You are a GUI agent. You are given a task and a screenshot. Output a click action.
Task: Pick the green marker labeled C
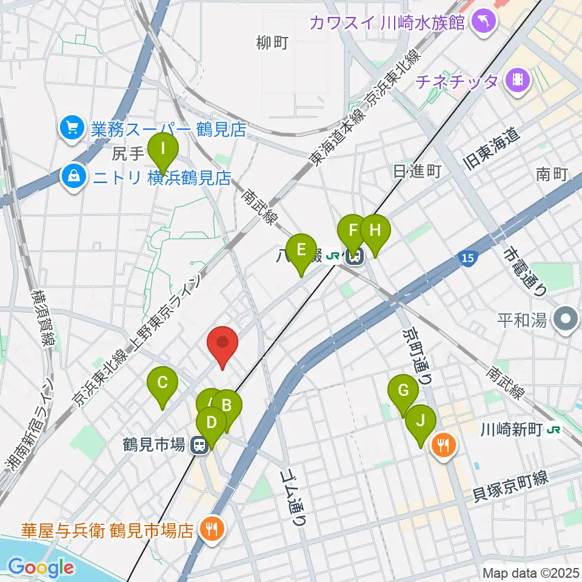[162, 386]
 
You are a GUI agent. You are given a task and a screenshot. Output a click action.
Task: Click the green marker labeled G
[403, 394]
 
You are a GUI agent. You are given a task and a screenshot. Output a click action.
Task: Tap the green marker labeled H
[375, 234]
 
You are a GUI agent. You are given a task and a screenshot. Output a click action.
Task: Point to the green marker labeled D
[212, 425]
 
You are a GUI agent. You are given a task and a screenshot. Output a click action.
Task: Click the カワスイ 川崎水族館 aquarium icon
[486, 23]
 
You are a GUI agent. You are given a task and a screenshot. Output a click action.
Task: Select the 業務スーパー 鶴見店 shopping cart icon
[72, 127]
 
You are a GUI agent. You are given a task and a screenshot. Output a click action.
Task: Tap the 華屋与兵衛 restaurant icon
[212, 529]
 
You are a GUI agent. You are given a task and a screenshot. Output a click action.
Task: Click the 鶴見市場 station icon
[198, 446]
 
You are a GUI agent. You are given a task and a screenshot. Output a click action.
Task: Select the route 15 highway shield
[467, 259]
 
